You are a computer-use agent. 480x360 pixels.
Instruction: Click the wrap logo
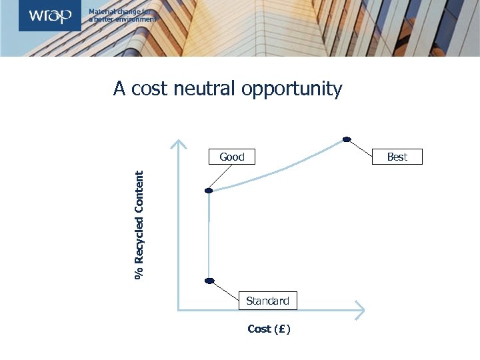[x=50, y=15]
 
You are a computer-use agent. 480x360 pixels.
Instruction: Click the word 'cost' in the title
[x=149, y=89]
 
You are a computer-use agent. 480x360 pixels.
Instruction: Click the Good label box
[x=232, y=157]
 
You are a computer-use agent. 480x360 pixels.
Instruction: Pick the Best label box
[x=397, y=157]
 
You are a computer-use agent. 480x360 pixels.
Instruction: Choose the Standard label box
[x=267, y=301]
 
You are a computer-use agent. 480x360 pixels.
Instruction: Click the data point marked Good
[x=209, y=191]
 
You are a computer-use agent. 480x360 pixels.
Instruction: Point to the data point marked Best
[x=347, y=139]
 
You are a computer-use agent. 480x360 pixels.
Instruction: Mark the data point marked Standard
[x=209, y=281]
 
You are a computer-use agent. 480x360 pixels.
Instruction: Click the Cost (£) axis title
[x=269, y=329]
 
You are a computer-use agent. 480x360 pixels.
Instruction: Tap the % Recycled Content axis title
[x=139, y=225]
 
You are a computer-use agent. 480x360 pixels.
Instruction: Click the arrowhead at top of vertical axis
[x=178, y=143]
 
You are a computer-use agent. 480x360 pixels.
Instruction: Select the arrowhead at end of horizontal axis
[x=360, y=309]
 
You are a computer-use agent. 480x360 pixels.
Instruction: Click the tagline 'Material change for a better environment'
[x=123, y=15]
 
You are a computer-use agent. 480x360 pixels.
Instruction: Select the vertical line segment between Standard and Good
[x=209, y=237]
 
